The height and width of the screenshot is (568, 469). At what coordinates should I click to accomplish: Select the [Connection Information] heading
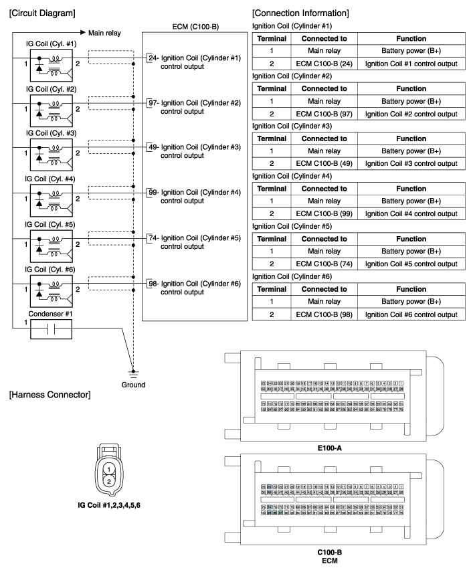click(300, 13)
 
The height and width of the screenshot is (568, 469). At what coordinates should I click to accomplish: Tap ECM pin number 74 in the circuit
click(155, 238)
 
